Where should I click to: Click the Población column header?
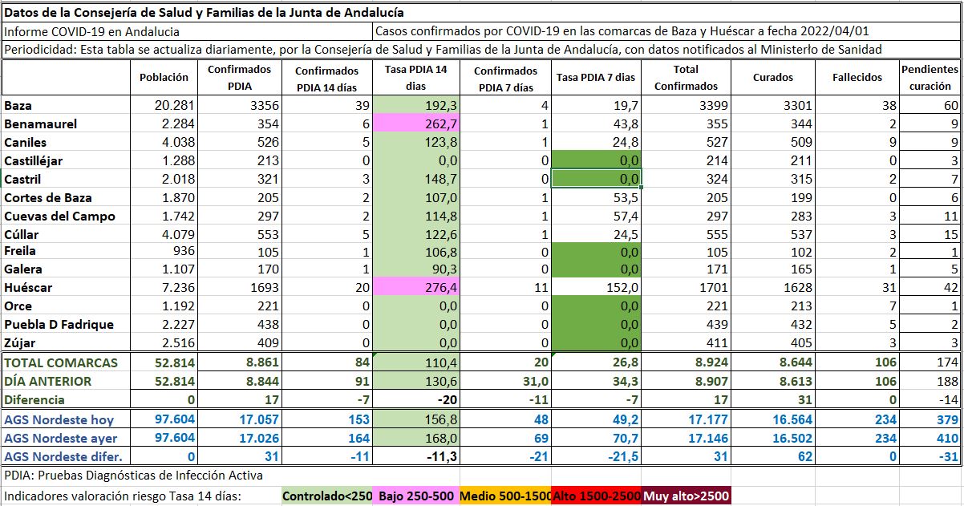point(164,78)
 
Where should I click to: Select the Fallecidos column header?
point(857,78)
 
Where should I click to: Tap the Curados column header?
point(773,78)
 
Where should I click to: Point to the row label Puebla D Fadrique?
point(59,325)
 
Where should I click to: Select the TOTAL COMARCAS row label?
point(61,362)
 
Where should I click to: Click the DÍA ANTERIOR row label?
point(48,381)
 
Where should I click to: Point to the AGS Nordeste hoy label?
point(59,419)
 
